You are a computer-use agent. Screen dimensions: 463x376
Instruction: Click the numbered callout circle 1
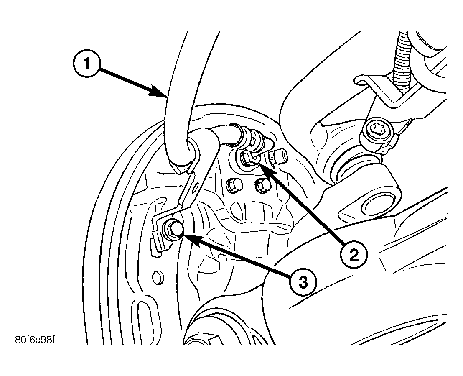pyautogui.click(x=87, y=63)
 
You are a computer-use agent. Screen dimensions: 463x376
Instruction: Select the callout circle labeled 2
pyautogui.click(x=354, y=254)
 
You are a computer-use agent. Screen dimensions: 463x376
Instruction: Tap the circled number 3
pyautogui.click(x=303, y=283)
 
